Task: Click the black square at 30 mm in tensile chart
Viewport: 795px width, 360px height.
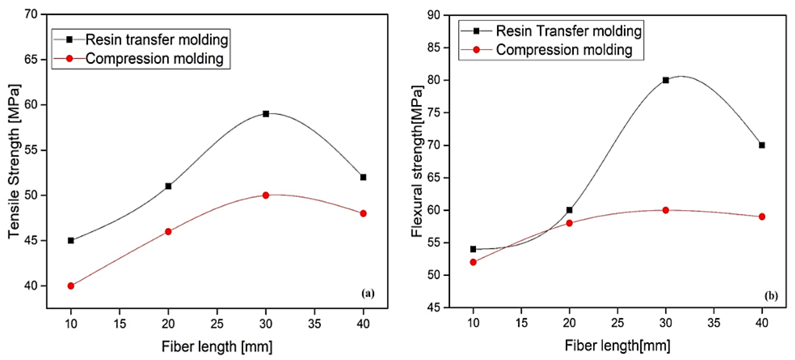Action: [x=266, y=114]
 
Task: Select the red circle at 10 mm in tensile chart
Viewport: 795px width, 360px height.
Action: [x=71, y=286]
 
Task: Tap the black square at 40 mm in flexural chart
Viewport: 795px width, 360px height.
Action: [x=762, y=145]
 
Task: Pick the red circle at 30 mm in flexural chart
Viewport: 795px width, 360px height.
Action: [x=665, y=210]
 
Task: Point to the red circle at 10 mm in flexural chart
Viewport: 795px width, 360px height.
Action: [x=473, y=262]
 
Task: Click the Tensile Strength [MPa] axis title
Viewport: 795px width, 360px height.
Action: [x=14, y=161]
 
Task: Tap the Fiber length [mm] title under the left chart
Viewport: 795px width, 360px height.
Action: [x=217, y=346]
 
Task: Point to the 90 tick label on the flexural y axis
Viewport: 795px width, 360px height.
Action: [x=434, y=15]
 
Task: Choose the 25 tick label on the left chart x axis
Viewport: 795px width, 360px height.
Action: [x=217, y=323]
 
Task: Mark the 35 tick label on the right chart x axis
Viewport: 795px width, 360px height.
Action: [x=713, y=322]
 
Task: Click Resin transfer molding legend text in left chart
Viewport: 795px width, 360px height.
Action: [x=157, y=39]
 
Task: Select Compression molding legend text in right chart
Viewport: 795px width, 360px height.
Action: [x=564, y=50]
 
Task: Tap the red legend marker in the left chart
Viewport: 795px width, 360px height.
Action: [x=69, y=58]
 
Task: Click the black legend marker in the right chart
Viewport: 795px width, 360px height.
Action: [x=476, y=31]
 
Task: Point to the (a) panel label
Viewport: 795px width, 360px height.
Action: [x=368, y=293]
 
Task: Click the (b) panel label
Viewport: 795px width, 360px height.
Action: [x=771, y=296]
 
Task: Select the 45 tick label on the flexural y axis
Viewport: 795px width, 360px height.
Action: [x=434, y=307]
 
